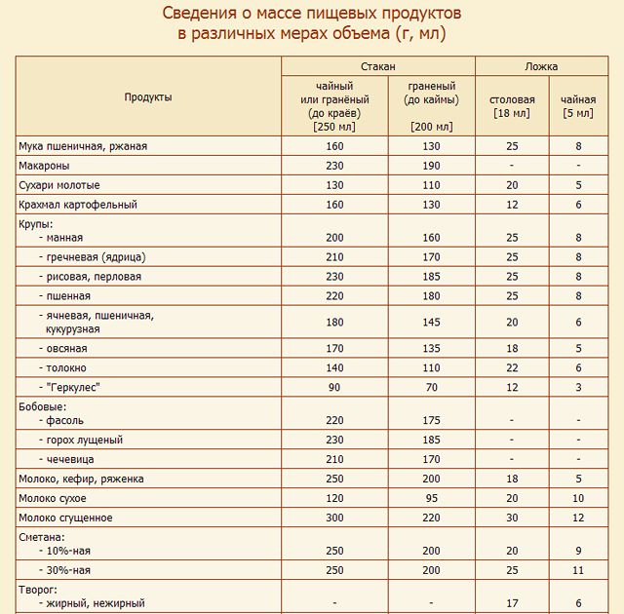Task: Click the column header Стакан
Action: click(378, 66)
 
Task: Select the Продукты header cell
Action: click(148, 97)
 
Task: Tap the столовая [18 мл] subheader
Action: click(512, 106)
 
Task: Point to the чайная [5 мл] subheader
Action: click(578, 106)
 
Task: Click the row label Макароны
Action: click(44, 166)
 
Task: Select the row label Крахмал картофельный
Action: click(78, 205)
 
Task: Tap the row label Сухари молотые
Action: click(59, 185)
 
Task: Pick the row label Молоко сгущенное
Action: click(65, 518)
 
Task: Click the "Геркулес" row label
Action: click(74, 387)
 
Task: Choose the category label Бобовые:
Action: click(42, 405)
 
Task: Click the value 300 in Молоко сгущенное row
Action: click(334, 518)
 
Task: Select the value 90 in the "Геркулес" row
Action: click(334, 387)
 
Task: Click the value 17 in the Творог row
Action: click(512, 603)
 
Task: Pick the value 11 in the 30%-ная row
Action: click(578, 569)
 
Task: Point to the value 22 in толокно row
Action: click(512, 367)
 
